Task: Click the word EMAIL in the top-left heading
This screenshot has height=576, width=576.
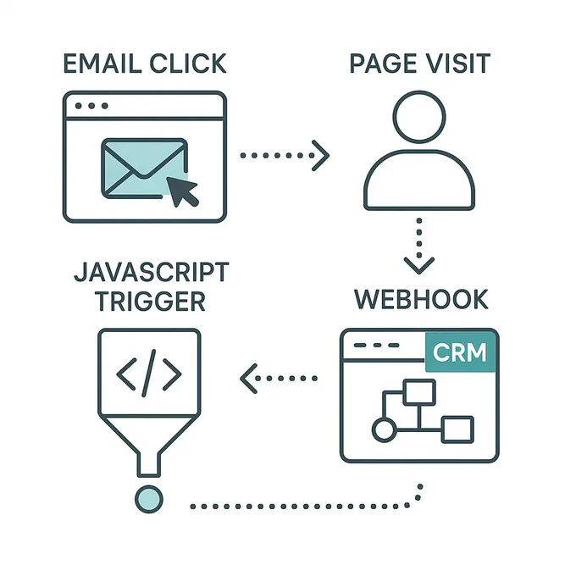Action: click(x=102, y=64)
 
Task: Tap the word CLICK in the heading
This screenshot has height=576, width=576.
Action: click(x=188, y=64)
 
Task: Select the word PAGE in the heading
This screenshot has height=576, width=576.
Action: click(x=383, y=64)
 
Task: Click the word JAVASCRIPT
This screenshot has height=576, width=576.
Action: click(x=152, y=272)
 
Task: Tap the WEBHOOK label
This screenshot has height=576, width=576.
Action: click(x=421, y=299)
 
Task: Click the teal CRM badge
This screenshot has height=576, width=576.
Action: click(x=460, y=352)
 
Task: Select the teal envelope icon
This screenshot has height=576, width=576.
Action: click(x=144, y=169)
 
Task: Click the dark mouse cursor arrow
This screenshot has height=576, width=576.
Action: click(x=182, y=191)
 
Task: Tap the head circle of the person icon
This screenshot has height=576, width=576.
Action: click(x=419, y=117)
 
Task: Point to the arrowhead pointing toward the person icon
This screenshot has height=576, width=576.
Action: click(x=320, y=155)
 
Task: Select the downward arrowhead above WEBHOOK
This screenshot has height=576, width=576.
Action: click(x=419, y=266)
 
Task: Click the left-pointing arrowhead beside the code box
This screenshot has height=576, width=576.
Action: click(x=249, y=379)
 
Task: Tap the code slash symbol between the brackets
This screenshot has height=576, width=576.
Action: click(x=149, y=374)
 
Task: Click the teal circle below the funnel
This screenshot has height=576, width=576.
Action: click(x=149, y=499)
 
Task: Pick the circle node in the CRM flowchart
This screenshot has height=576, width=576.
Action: click(x=385, y=429)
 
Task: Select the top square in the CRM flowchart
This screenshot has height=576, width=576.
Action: click(x=419, y=392)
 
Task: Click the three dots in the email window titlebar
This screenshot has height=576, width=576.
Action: click(x=91, y=106)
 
